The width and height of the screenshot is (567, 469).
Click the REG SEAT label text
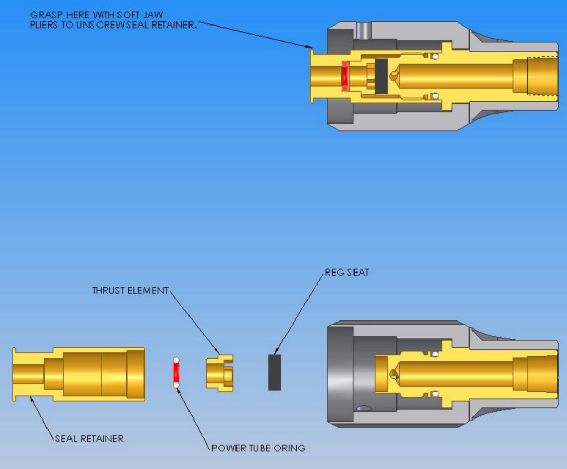(x=347, y=273)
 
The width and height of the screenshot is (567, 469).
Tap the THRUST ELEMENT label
(x=130, y=291)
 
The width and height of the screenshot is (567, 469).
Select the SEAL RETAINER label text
(x=89, y=438)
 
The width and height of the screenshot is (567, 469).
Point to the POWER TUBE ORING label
(x=258, y=448)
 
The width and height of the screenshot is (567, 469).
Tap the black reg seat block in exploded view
(x=274, y=372)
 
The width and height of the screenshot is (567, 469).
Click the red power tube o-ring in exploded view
(x=176, y=372)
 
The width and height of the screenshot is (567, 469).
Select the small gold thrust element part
(x=219, y=372)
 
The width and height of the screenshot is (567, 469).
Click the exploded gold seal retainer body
(x=87, y=372)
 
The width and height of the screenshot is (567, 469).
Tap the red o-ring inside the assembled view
(x=345, y=76)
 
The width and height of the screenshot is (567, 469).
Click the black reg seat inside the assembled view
(x=381, y=76)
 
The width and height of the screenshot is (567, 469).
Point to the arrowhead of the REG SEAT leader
(x=276, y=353)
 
